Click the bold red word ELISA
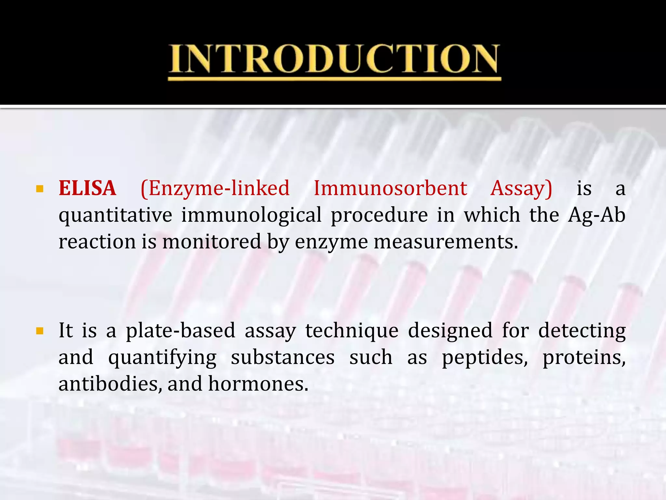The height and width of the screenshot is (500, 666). [87, 188]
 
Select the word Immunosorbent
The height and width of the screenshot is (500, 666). [390, 188]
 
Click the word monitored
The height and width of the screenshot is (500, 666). [212, 242]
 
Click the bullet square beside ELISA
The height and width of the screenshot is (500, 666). [40, 189]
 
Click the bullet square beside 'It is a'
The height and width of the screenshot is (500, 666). [40, 331]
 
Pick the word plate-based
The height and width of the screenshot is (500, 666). [180, 331]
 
